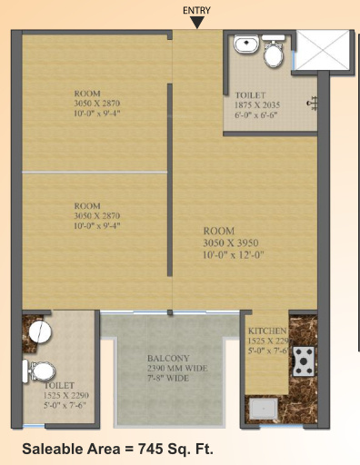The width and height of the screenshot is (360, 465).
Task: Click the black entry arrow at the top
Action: (x=196, y=22)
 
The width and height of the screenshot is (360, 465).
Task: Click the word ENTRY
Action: (x=196, y=9)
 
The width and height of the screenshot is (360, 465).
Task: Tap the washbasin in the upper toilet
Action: (x=245, y=46)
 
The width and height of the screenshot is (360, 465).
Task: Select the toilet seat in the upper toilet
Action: (x=272, y=54)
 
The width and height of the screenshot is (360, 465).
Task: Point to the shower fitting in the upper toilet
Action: (x=313, y=104)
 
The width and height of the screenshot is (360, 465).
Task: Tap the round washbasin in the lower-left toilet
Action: (x=39, y=332)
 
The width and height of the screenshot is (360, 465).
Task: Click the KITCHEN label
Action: (x=267, y=330)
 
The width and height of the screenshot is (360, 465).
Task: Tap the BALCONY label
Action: (x=167, y=357)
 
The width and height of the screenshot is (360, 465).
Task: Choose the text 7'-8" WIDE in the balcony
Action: (x=167, y=378)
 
